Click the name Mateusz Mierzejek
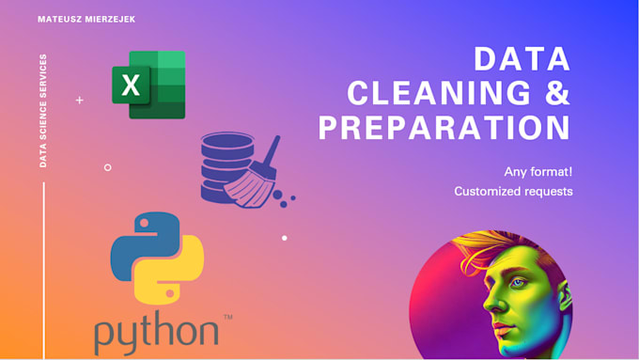(x=86, y=19)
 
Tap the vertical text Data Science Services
(x=43, y=111)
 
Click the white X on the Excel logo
(x=131, y=86)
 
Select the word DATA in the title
(x=522, y=59)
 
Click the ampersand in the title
(x=557, y=93)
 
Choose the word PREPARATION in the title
(x=444, y=128)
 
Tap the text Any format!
(x=538, y=172)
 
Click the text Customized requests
(x=513, y=191)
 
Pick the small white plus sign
(x=80, y=100)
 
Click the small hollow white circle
(x=107, y=167)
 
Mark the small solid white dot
(x=285, y=238)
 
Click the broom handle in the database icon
(x=271, y=150)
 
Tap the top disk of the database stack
(x=227, y=141)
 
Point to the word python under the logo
(x=157, y=333)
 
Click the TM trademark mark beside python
(x=227, y=317)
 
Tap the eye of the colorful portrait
(x=519, y=283)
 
